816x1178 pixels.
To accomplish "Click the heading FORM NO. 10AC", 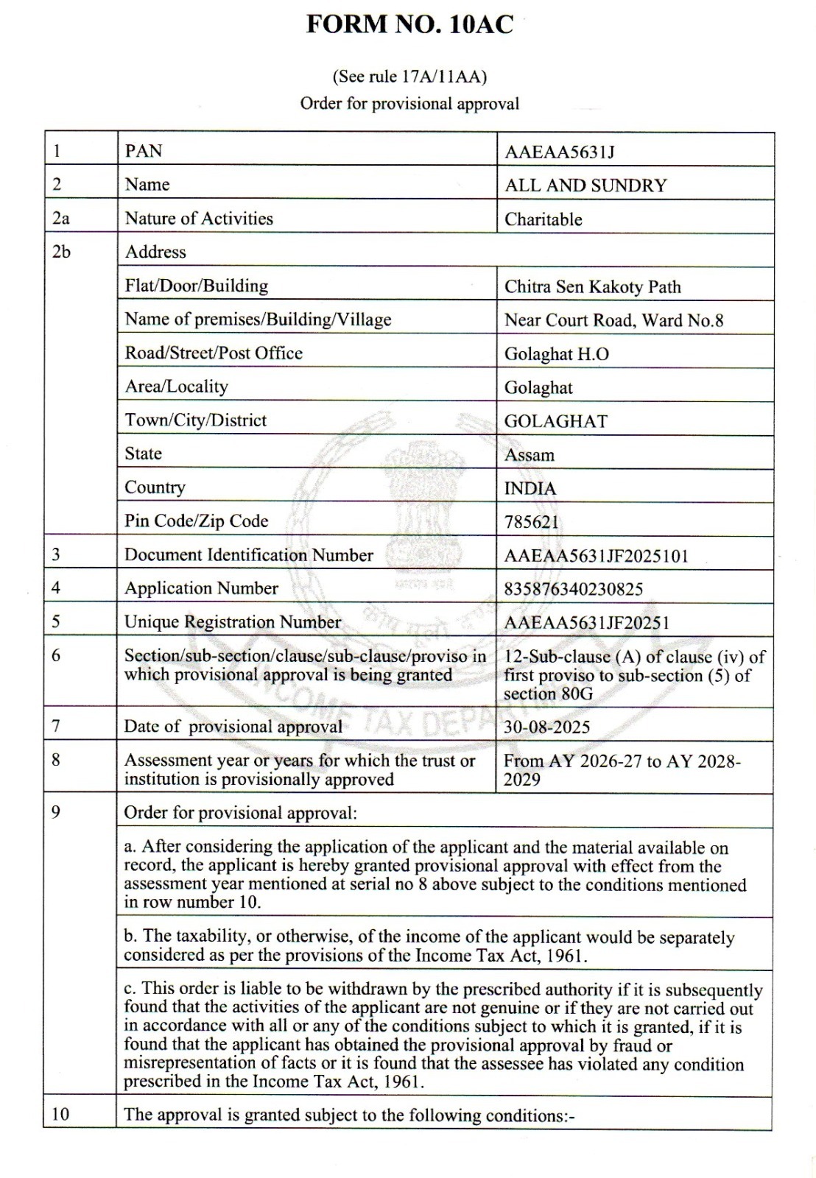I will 409,24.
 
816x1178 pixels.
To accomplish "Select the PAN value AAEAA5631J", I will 559,152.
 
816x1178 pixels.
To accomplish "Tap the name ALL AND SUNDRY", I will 585,186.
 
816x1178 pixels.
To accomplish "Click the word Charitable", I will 543,219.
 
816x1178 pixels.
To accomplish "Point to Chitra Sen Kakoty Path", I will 592,286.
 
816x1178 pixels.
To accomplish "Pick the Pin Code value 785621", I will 532,522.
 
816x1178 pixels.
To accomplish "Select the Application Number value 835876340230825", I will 573,589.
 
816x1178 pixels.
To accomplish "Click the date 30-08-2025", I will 546,727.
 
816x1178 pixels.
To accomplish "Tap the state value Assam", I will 529,455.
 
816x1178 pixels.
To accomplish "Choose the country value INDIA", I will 530,489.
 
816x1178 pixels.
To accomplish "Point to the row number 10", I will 60,1114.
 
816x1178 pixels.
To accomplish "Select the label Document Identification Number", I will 248,555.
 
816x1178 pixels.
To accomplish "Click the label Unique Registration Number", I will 232,622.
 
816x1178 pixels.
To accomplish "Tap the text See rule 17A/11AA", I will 409,77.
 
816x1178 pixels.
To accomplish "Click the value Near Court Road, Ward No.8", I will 613,320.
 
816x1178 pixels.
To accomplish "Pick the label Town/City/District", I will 195,420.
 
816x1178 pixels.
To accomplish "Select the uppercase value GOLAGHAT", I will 555,421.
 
